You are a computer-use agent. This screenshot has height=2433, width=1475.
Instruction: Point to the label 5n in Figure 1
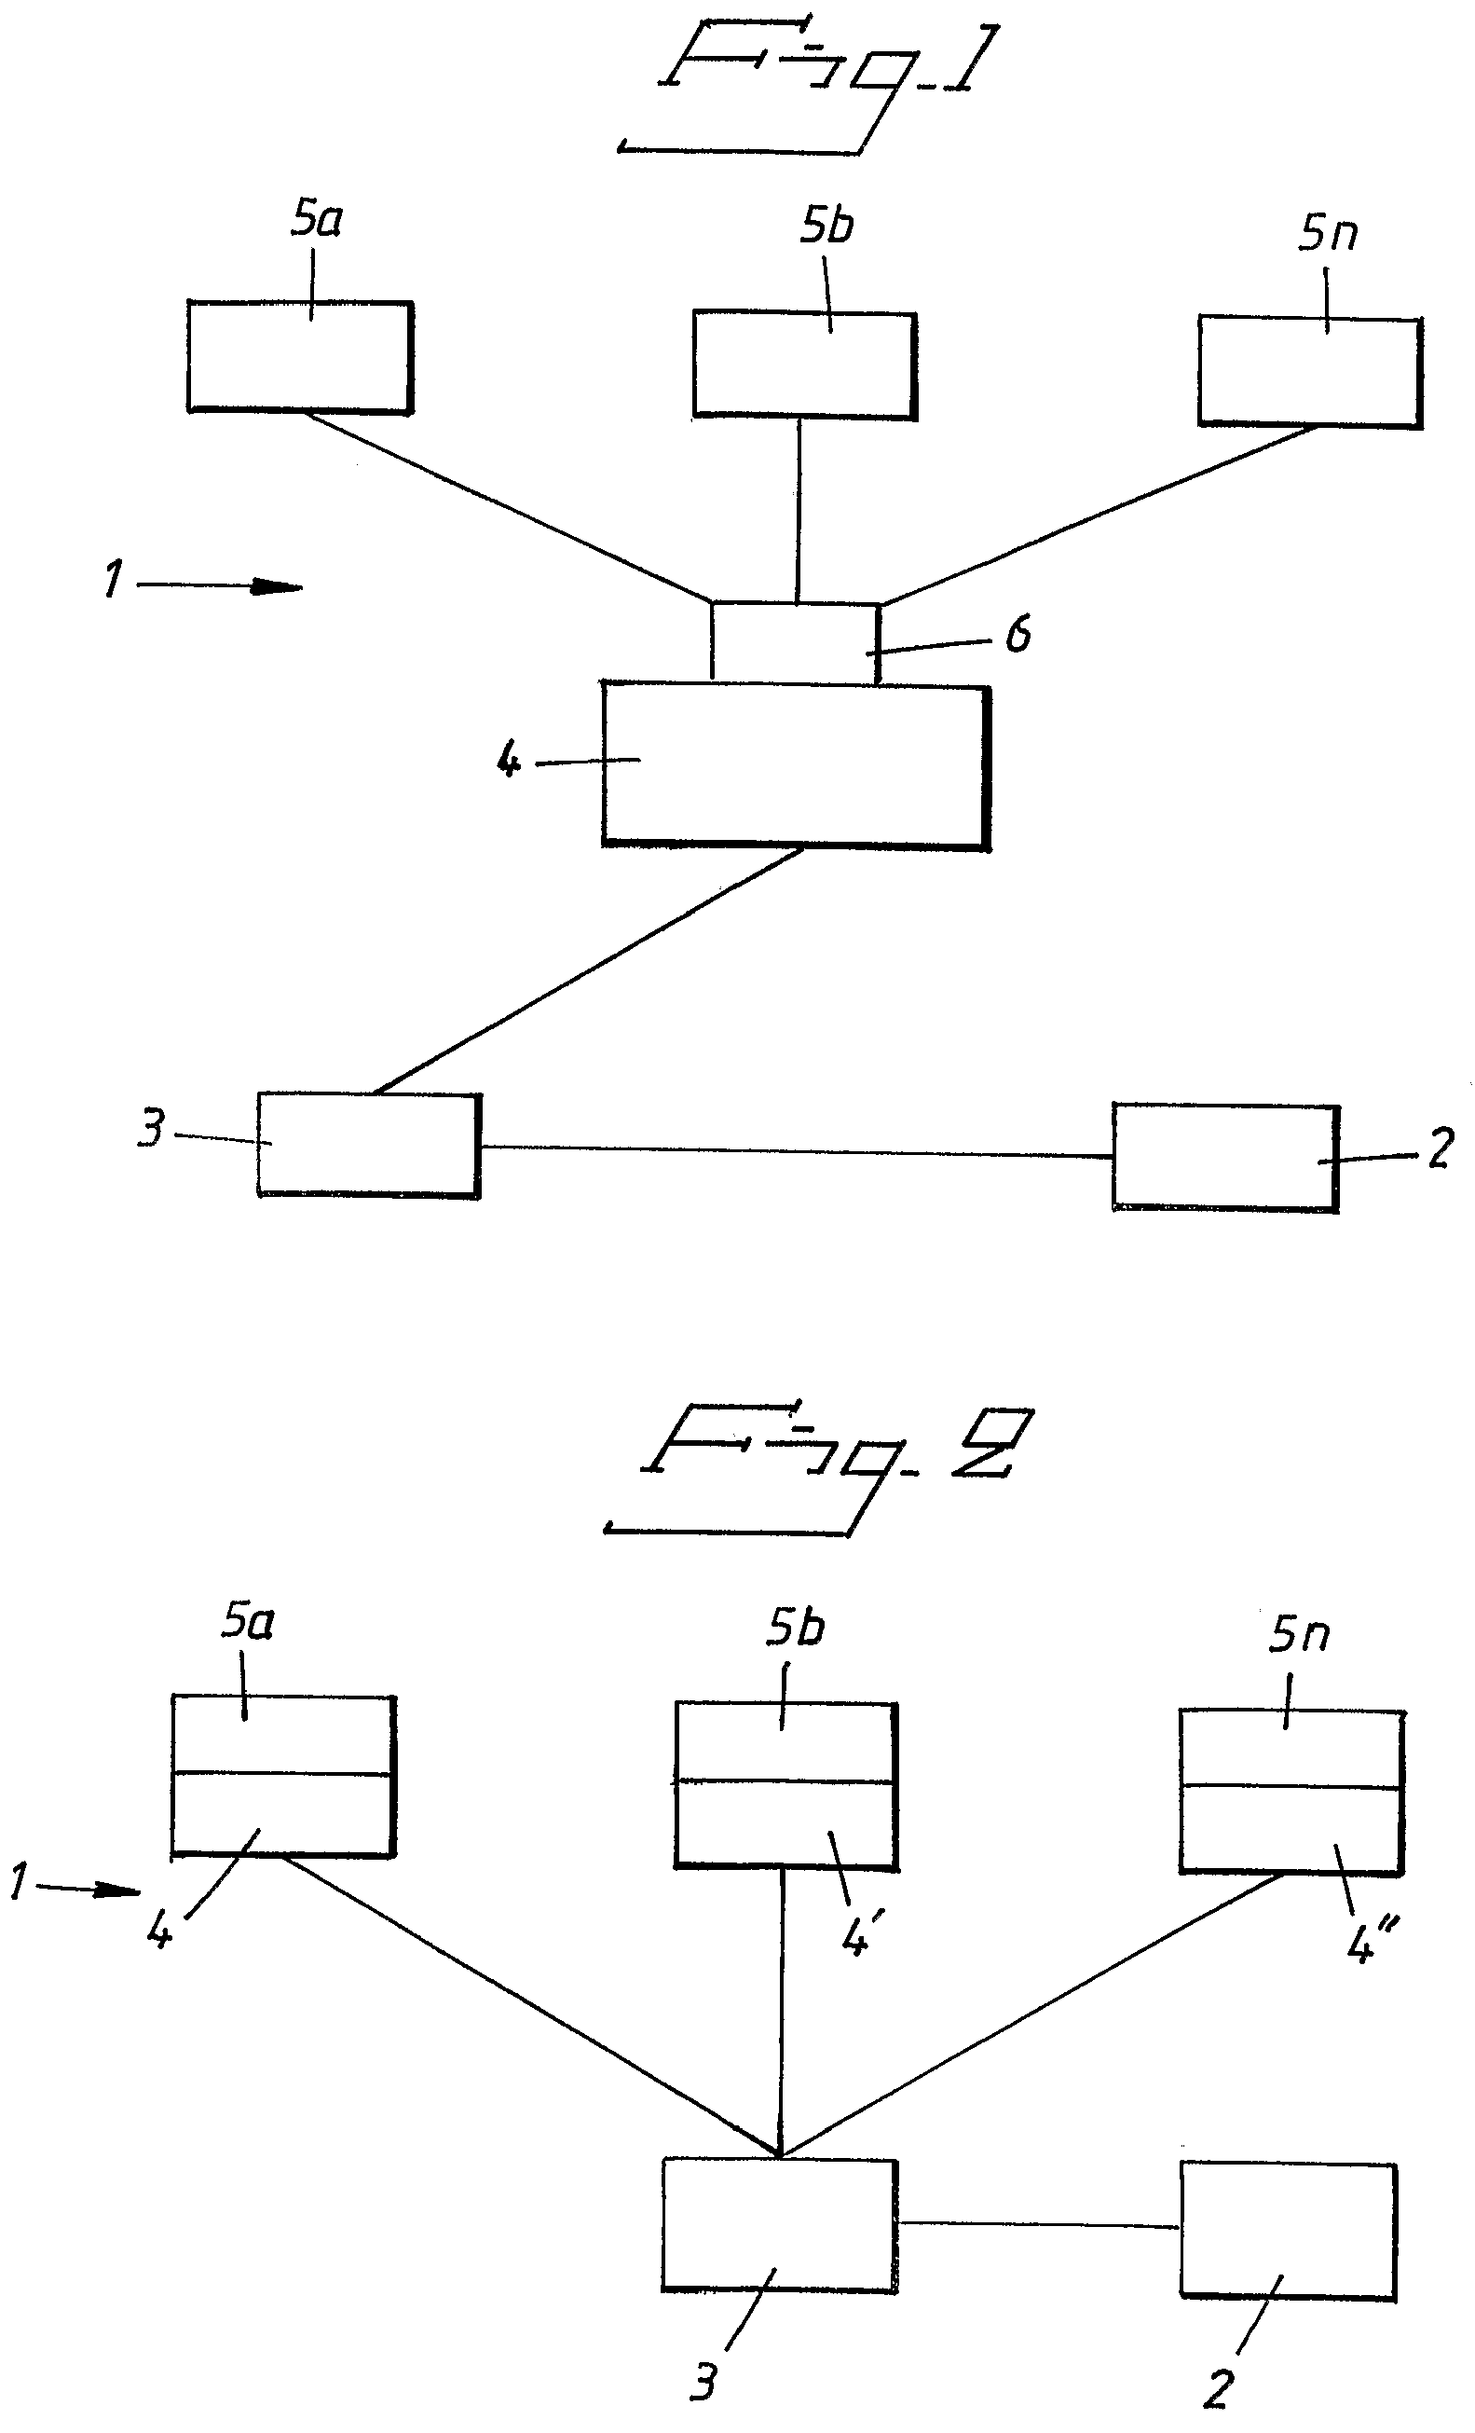[1328, 233]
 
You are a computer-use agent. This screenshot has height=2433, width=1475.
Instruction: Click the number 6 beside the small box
[1017, 634]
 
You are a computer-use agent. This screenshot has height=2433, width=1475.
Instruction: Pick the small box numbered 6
[795, 642]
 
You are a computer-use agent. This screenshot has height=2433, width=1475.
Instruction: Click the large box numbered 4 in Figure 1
[796, 766]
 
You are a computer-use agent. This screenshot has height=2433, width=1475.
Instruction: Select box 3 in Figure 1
[369, 1145]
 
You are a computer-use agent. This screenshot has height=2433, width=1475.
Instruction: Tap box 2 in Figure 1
[1226, 1157]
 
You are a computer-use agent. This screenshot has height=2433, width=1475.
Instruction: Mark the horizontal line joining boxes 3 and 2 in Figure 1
[797, 1151]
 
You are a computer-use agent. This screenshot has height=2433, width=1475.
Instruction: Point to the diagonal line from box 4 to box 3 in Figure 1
[589, 970]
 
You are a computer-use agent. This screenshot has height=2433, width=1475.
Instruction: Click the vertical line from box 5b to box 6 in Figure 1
[799, 510]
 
